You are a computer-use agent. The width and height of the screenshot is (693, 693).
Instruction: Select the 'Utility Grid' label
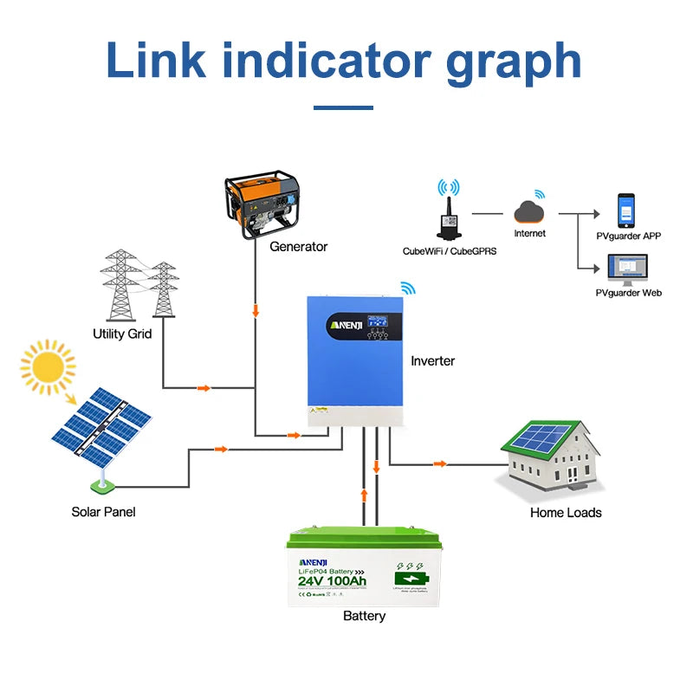[x=122, y=334]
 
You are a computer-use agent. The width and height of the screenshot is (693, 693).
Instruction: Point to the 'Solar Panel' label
[x=103, y=512]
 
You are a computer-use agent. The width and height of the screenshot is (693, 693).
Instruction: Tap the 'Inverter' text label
[x=432, y=360]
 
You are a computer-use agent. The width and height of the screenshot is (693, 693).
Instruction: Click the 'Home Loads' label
[x=566, y=513]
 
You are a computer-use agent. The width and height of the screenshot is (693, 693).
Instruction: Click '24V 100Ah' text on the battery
[x=332, y=580]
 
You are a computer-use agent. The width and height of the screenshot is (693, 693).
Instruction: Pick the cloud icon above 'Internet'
[x=529, y=212]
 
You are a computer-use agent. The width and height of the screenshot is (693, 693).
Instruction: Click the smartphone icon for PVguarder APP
[x=626, y=211]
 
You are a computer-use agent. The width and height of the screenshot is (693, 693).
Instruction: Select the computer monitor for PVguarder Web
[x=627, y=269]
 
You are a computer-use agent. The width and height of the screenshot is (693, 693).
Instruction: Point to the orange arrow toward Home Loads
[x=439, y=464]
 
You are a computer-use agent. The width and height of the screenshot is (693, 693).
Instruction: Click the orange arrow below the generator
[x=255, y=311]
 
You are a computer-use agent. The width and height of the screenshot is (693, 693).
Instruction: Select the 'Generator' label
[x=298, y=247]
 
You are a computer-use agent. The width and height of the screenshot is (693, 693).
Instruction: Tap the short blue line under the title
[x=342, y=108]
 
